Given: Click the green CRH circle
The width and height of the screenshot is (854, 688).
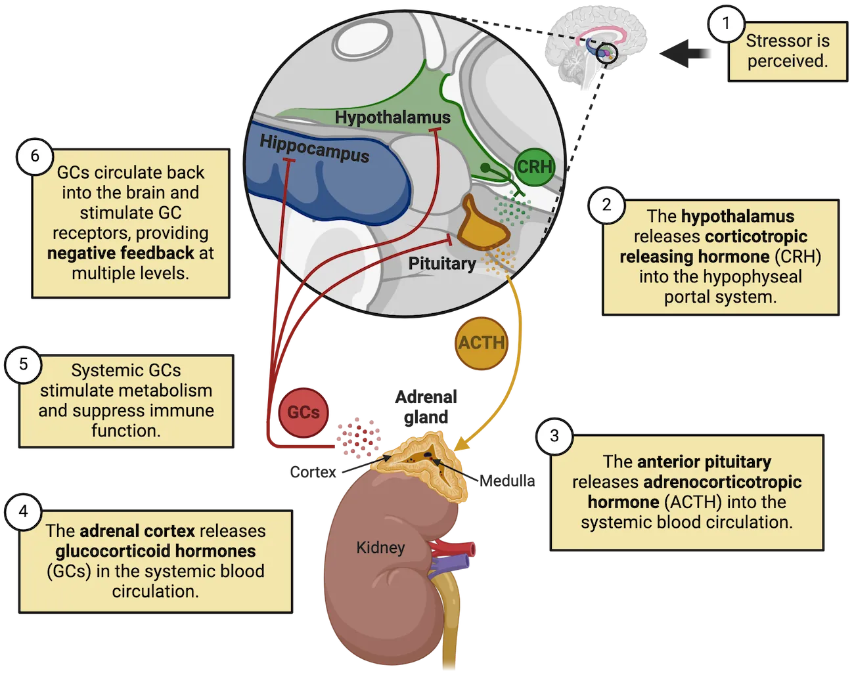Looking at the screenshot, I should coord(534,167).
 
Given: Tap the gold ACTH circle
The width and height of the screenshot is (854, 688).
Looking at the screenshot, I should coord(482,343).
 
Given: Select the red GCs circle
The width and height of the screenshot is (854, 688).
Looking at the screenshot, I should coord(303,412).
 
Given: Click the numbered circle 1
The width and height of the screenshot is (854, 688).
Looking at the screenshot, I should coord(726,24).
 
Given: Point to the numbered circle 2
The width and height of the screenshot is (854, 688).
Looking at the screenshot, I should coord(606,205).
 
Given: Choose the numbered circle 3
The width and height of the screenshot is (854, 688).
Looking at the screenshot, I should coord(554,436).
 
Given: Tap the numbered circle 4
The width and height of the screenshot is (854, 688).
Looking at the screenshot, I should coord(24,511).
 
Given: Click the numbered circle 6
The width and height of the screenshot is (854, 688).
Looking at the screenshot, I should coord(35,157).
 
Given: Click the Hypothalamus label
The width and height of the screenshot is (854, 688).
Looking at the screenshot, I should coord(392,118).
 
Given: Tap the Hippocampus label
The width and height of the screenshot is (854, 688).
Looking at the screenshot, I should coord(314,148).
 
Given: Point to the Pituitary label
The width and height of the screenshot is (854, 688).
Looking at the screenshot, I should coord(441,264).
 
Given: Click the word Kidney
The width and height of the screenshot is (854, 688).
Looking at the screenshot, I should coord(380,548).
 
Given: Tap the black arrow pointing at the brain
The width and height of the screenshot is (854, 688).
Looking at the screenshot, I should coord(686,54).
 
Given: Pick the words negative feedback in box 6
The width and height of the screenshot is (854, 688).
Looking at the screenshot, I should coord(121,253).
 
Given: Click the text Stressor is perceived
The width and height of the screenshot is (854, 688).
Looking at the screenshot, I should coord(787,51).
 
